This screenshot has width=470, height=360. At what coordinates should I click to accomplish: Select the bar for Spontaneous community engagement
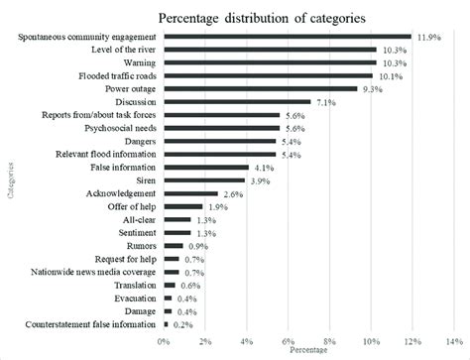(288, 37)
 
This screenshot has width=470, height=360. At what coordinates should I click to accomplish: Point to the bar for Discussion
(238, 101)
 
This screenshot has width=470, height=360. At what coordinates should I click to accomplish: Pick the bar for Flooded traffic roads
(269, 75)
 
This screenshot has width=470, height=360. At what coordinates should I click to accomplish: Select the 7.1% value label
(327, 101)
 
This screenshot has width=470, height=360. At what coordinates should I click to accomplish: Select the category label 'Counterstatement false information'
(87, 323)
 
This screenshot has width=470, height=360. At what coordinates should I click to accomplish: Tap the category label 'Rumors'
(142, 245)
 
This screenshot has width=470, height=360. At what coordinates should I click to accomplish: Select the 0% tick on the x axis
(165, 340)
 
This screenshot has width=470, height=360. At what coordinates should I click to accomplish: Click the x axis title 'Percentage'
(307, 350)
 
